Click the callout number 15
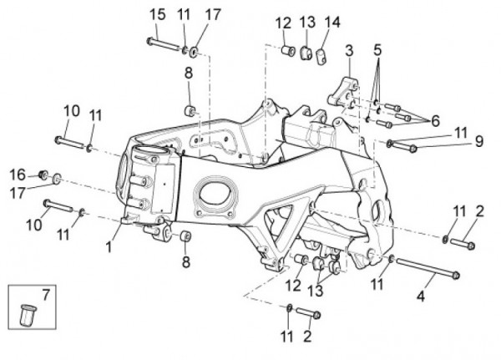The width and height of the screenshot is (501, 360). [158, 15]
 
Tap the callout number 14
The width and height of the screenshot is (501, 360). [332, 22]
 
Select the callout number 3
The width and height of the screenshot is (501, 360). [349, 51]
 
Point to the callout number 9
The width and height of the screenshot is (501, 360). [478, 141]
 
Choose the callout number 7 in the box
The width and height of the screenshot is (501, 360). [46, 295]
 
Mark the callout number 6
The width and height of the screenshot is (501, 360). [435, 121]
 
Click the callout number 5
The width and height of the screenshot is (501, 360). [377, 50]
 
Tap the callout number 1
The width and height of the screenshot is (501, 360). [109, 246]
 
